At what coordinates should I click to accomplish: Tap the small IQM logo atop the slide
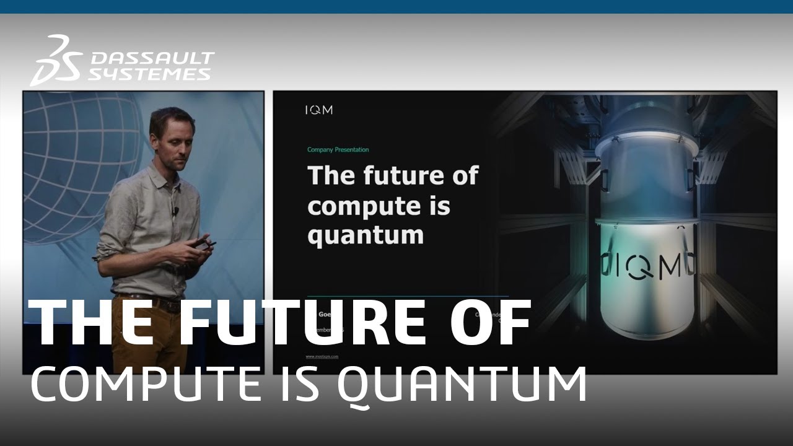click(x=318, y=110)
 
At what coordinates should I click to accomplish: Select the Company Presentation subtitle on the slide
click(x=338, y=150)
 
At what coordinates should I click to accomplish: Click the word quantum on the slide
click(x=366, y=236)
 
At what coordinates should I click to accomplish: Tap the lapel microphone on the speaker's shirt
click(x=176, y=211)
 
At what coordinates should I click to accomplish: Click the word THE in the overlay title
click(x=90, y=323)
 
